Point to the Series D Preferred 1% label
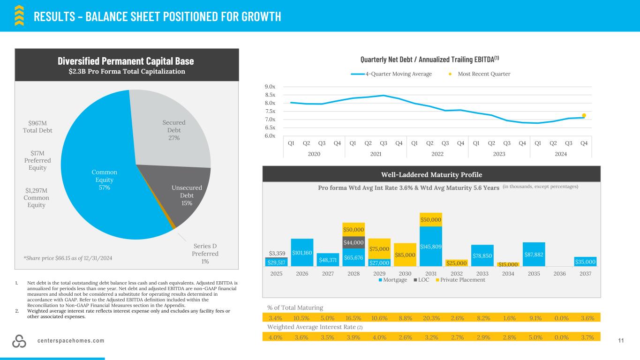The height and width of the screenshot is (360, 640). click(205, 254)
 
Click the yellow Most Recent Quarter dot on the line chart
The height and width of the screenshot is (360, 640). click(584, 115)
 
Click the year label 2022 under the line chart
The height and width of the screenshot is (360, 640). click(437, 153)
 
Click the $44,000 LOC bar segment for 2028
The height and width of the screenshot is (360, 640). click(354, 242)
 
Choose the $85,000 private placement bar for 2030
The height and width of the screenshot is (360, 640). click(405, 255)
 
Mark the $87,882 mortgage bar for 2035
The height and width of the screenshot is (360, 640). click(534, 255)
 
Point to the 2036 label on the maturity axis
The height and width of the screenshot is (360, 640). click(559, 273)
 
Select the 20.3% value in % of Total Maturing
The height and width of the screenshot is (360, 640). click(430, 318)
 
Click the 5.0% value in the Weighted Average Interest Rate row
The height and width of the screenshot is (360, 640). click(534, 337)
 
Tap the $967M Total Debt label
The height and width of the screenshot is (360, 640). click(38, 127)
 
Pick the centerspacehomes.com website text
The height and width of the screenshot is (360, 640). click(71, 341)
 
